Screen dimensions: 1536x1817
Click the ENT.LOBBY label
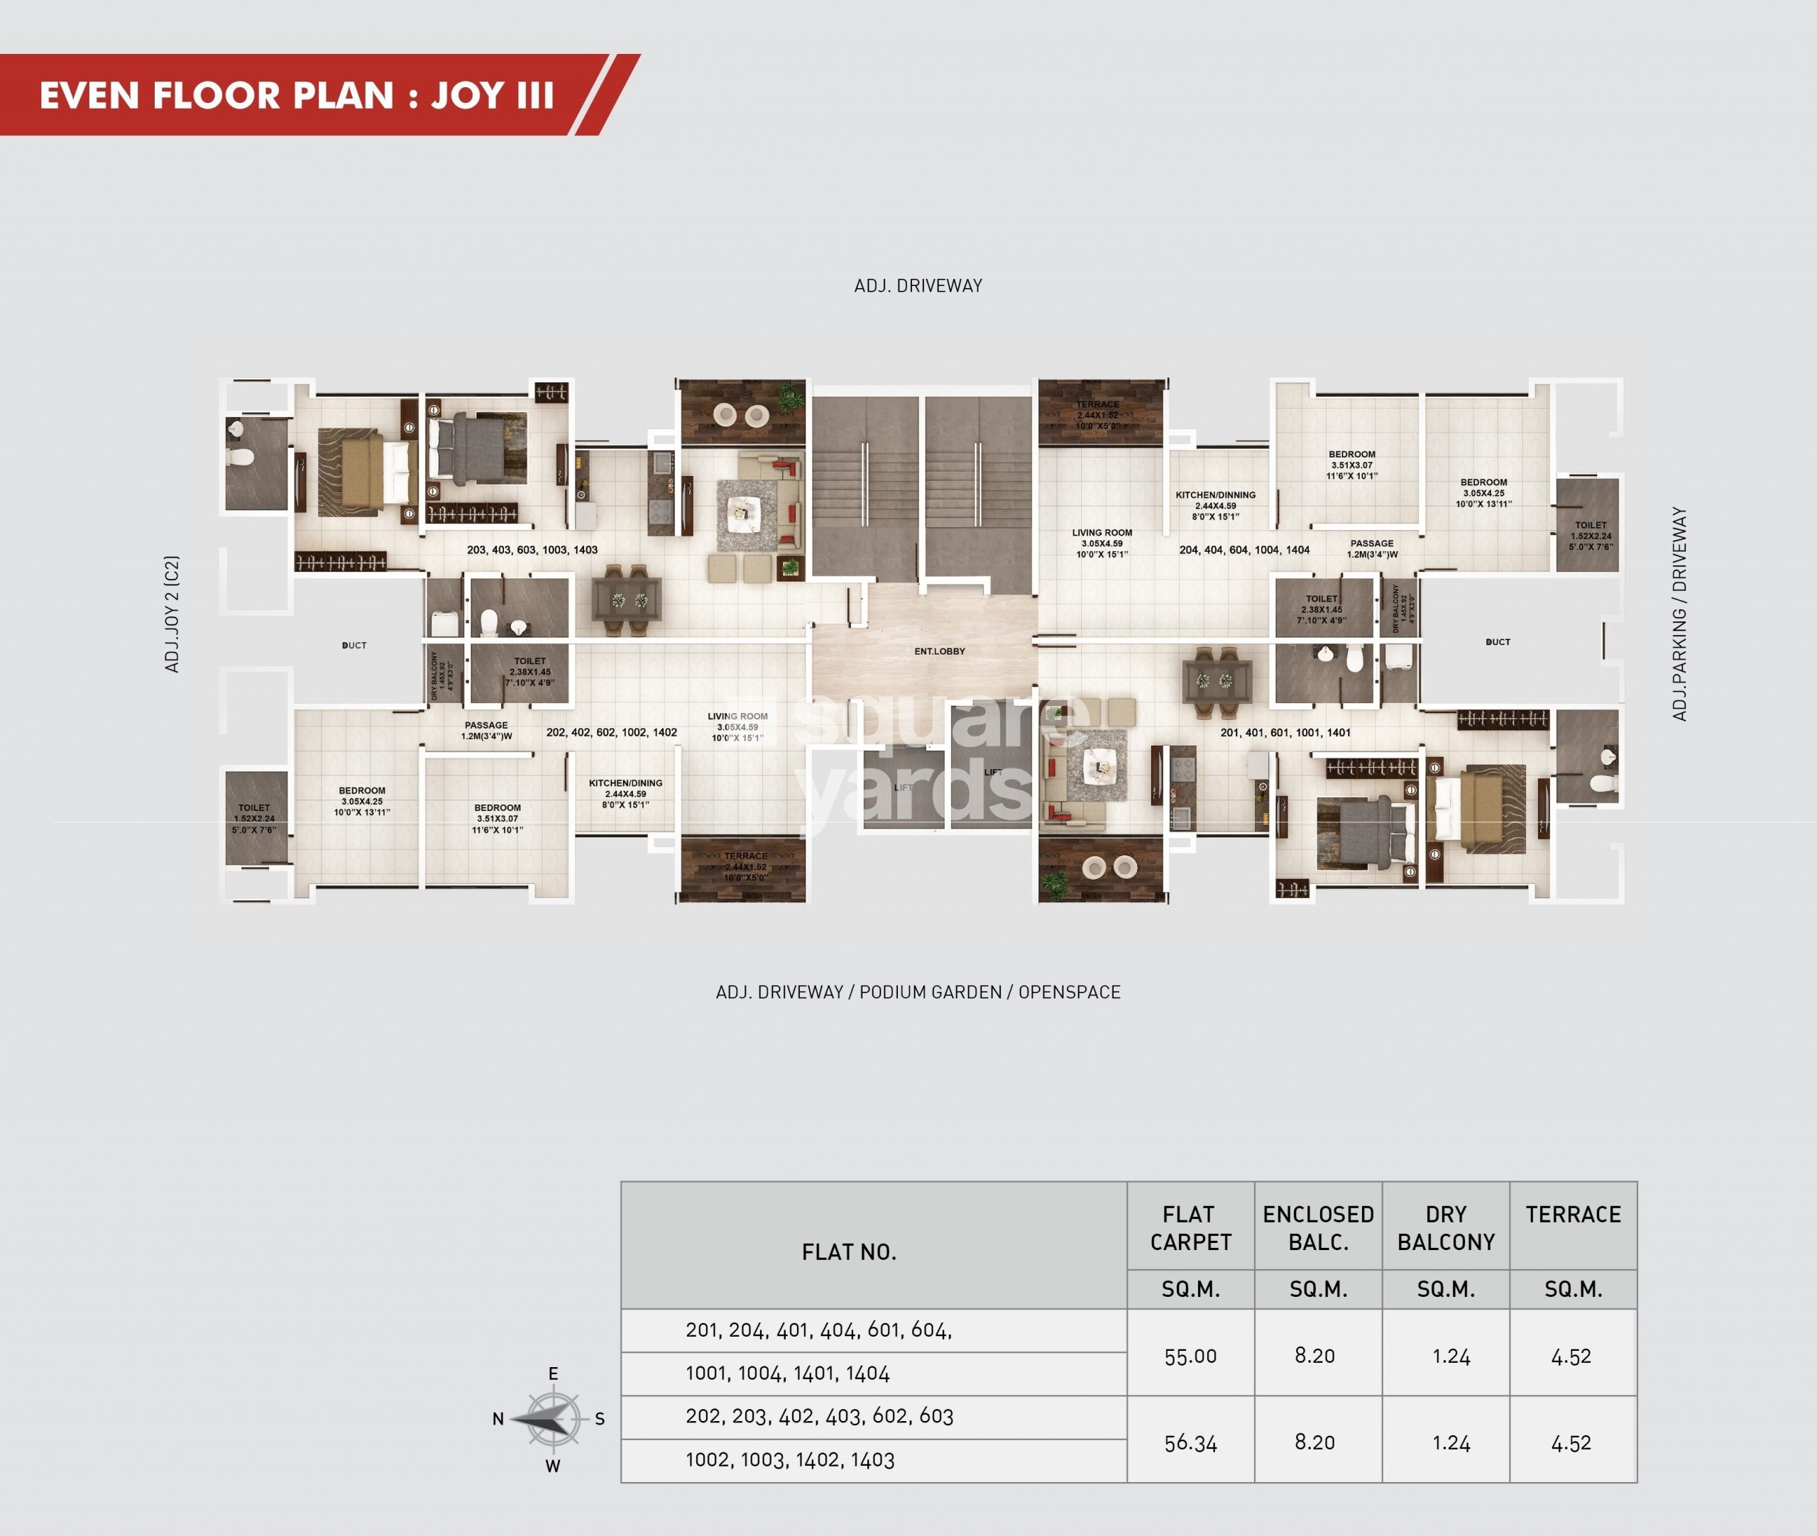(x=939, y=651)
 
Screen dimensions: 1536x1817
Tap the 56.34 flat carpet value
(x=1190, y=1443)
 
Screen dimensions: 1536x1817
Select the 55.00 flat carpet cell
(x=1190, y=1356)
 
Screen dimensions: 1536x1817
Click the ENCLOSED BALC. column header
(x=1318, y=1228)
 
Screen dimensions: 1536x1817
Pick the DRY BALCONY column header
(x=1445, y=1228)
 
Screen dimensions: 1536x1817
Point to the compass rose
(x=552, y=1420)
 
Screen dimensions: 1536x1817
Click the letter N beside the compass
(x=498, y=1420)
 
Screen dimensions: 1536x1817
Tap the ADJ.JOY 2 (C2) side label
(x=172, y=614)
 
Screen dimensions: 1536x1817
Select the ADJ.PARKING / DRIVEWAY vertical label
(x=1679, y=614)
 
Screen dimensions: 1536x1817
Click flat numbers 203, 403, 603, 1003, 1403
(x=532, y=551)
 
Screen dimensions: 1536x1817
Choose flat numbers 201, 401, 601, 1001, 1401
(x=1285, y=733)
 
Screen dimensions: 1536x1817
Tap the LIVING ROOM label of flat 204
(x=1102, y=543)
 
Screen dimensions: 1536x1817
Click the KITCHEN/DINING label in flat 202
(x=625, y=793)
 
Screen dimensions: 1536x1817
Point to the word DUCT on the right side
(x=1498, y=643)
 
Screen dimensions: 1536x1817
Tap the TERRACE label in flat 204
(x=1097, y=414)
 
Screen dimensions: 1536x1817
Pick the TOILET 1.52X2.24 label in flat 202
(x=254, y=819)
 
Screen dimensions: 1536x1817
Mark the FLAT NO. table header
(x=848, y=1252)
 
